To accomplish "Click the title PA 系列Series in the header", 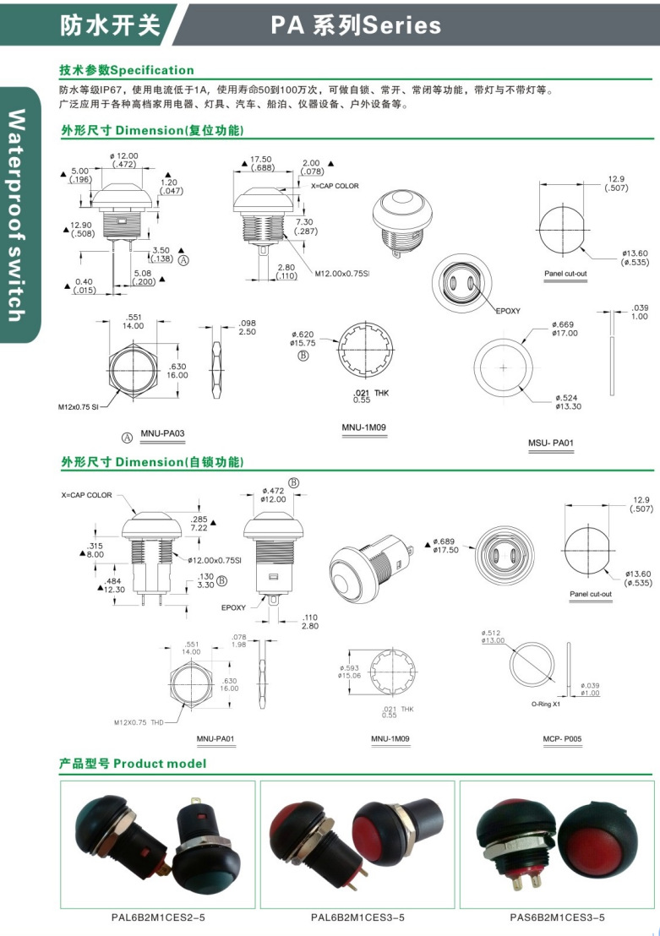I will point(356,25).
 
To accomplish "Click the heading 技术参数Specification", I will point(127,70).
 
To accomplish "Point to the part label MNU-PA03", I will point(162,433).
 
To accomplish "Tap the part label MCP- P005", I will point(562,739).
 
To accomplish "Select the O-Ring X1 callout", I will point(546,704).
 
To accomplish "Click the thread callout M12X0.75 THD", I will point(139,722).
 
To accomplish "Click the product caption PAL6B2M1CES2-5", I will point(157,917).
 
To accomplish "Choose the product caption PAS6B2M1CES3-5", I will point(557,917).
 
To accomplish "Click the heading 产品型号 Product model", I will point(133,764).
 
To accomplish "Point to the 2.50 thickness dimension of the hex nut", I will point(248,332).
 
